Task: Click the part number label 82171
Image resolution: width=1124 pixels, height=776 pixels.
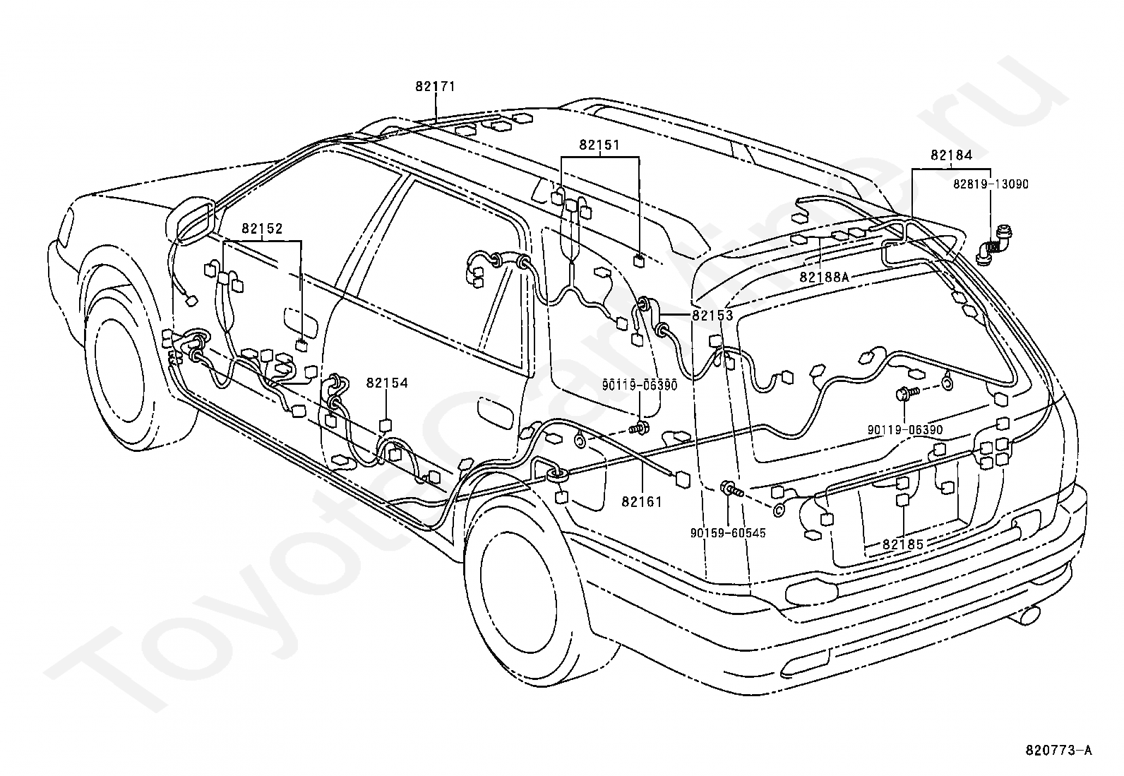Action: (435, 87)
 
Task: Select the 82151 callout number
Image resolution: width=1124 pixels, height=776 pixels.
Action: (599, 145)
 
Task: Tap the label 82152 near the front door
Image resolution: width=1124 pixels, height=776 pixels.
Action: (262, 229)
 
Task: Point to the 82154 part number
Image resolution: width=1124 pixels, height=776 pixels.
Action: (387, 383)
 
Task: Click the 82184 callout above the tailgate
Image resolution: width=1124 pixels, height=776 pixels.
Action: (952, 155)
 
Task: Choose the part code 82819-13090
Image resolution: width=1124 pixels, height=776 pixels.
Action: (991, 185)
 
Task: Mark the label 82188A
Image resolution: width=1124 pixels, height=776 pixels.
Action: (825, 277)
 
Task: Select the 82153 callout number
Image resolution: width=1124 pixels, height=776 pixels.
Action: (712, 316)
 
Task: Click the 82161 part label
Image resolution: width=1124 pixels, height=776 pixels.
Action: (642, 501)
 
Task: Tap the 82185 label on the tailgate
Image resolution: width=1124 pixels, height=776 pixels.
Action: (903, 544)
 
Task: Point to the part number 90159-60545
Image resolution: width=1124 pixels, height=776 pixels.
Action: (728, 533)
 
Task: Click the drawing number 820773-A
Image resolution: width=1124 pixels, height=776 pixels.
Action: (1058, 765)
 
